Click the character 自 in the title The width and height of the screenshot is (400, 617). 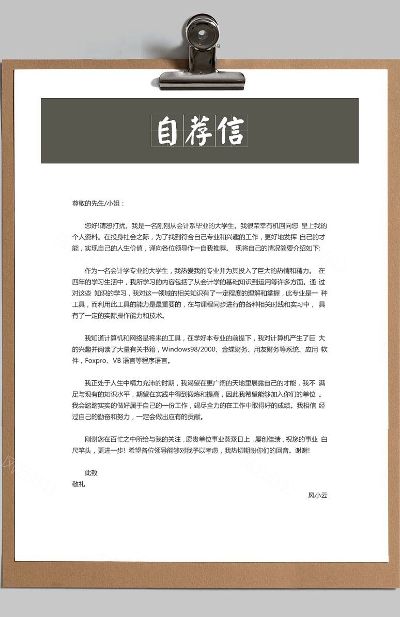[167, 131]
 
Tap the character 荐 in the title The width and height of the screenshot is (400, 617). [199, 131]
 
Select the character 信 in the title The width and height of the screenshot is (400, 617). [231, 131]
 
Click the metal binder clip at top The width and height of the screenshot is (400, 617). [202, 54]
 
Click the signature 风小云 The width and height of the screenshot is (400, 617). [318, 495]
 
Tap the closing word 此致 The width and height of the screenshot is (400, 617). [91, 472]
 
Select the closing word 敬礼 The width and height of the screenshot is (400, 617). [79, 484]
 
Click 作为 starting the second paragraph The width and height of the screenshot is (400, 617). [91, 271]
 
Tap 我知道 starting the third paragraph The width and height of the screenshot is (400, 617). [95, 338]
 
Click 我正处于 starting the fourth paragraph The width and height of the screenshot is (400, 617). [98, 383]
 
